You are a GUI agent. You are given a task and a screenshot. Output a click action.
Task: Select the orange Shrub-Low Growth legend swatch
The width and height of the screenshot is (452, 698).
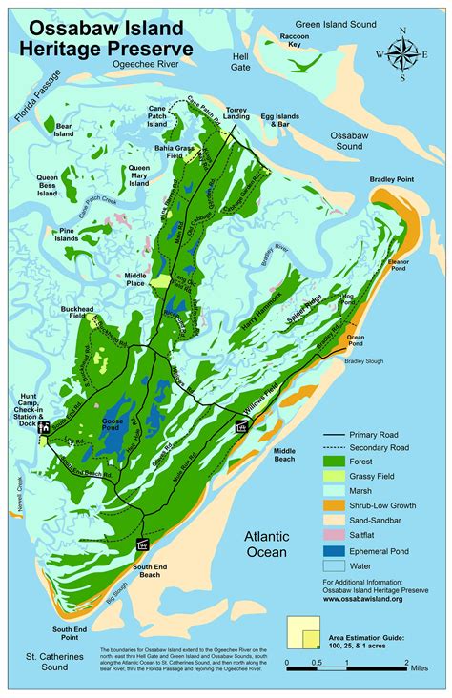[335, 504]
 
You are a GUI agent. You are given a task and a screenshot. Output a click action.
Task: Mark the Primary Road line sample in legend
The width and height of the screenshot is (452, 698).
[335, 432]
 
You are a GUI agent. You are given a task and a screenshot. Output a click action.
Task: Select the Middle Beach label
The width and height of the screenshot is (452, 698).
[285, 454]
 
